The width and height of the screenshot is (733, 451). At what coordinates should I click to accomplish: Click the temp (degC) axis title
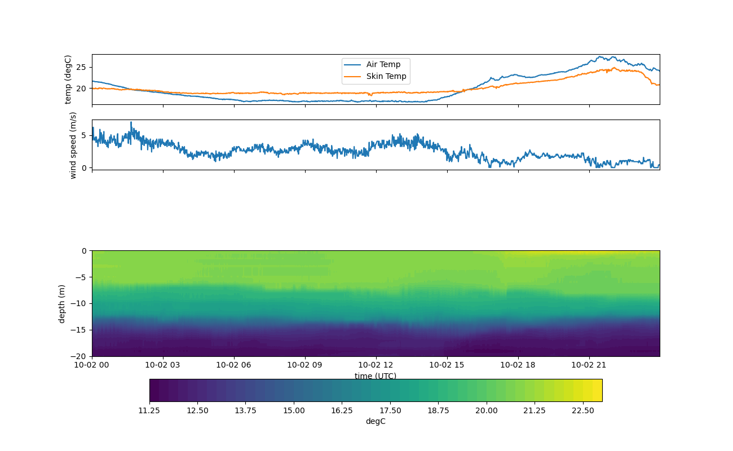68,79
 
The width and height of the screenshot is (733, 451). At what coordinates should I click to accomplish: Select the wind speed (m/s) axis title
73,145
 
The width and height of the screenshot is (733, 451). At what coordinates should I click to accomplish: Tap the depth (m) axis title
62,303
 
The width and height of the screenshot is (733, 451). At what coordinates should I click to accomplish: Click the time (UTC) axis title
376,376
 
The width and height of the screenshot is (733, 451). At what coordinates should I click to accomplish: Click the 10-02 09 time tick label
305,365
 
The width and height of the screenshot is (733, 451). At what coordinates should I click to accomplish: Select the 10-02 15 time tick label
447,365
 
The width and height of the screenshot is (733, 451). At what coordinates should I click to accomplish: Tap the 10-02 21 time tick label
589,365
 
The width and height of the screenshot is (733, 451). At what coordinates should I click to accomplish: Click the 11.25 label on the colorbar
149,410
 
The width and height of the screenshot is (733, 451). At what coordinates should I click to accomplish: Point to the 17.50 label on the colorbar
390,410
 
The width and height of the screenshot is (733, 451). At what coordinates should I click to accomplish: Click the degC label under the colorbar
376,421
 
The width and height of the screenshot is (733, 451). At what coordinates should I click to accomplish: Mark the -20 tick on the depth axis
80,356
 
